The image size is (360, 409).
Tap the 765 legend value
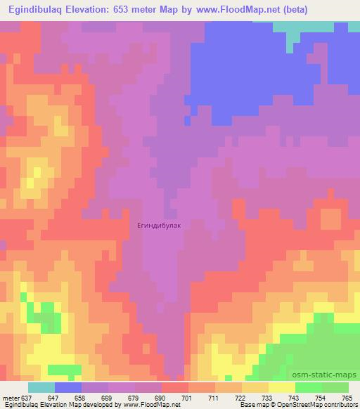[347, 397]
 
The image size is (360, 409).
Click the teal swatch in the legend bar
[41, 387]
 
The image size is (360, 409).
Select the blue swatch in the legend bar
[68, 387]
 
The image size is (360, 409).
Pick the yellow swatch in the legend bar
[282, 387]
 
